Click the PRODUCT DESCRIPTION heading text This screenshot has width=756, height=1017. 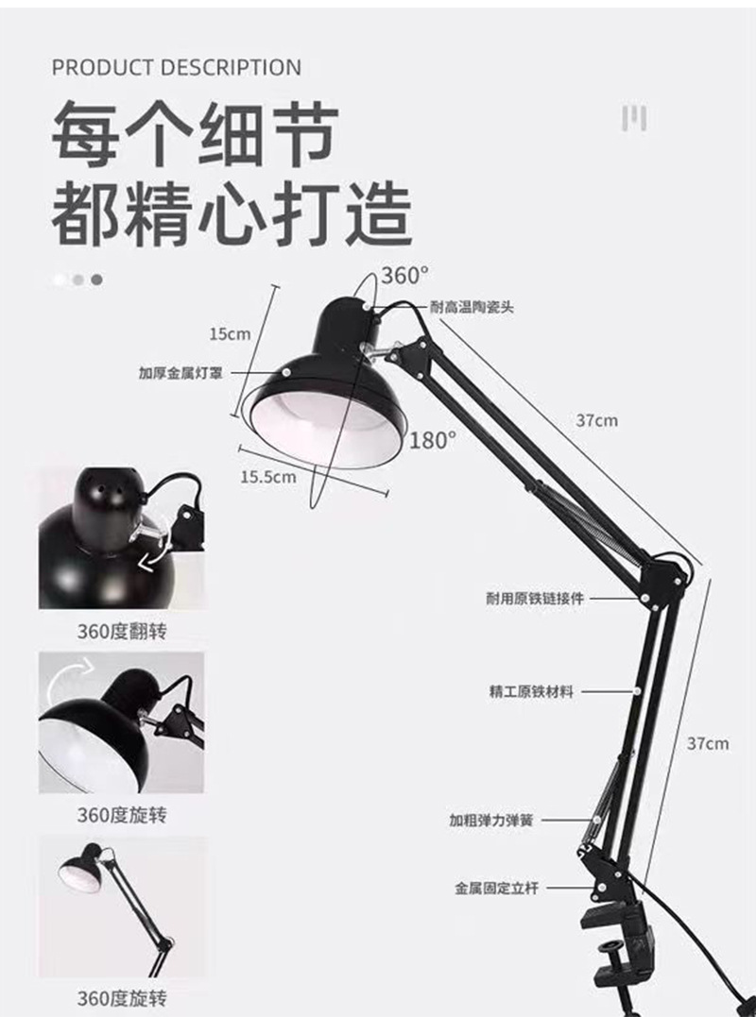[x=177, y=68]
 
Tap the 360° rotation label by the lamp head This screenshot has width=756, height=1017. [x=404, y=276]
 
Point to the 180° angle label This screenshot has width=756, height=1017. [x=433, y=439]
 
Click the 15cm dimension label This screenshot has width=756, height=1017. [x=230, y=333]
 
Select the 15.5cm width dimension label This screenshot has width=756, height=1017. [x=267, y=477]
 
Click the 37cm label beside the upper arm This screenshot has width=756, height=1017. [x=596, y=420]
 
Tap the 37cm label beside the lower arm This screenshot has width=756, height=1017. [x=708, y=743]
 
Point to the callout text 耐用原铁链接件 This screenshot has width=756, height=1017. [x=535, y=599]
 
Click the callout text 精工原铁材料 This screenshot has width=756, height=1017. [x=531, y=691]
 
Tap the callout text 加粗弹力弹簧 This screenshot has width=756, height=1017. [x=490, y=821]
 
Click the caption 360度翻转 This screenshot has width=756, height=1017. [x=121, y=631]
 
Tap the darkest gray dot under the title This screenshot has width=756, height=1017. [x=96, y=280]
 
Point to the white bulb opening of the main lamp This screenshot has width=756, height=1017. [x=327, y=425]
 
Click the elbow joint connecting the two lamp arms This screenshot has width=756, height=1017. [x=666, y=578]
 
